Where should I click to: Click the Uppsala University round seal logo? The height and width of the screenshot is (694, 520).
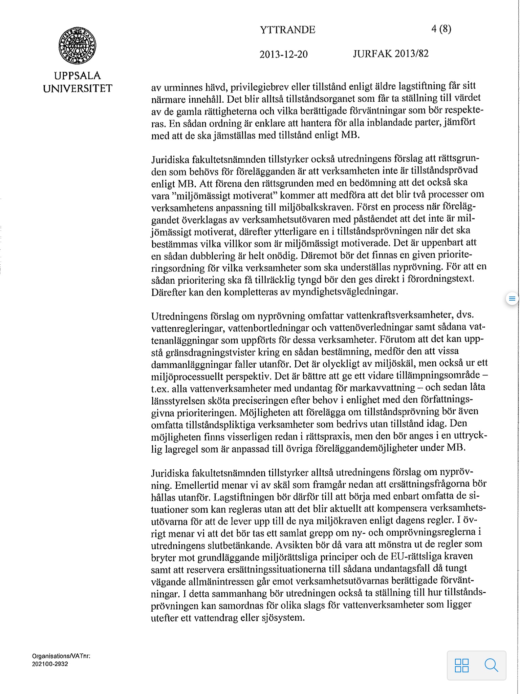coord(77,46)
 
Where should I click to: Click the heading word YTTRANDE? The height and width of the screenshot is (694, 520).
coord(287,30)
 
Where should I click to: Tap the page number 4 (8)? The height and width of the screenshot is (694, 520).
coord(441,29)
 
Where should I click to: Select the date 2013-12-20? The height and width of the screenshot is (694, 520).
coord(283,54)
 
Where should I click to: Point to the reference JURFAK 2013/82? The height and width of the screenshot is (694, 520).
coord(391,54)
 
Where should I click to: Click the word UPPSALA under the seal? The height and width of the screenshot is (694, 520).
coord(78,76)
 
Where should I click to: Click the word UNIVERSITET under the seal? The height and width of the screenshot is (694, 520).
coord(78,88)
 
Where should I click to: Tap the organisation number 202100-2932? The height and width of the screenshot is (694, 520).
coord(50,664)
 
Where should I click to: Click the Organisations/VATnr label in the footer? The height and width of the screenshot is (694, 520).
coord(61,656)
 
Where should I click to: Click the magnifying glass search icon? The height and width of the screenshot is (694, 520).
coord(491,665)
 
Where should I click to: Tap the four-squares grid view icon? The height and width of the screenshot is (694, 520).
coord(462,665)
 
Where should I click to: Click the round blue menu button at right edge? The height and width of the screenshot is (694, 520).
coord(512,299)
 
